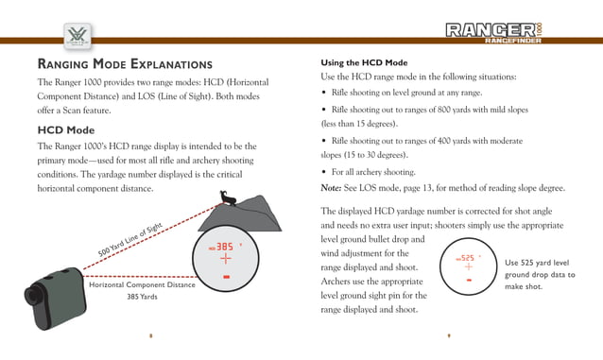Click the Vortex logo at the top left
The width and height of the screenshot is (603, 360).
(75, 37)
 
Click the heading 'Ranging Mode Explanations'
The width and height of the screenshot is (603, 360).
(124, 64)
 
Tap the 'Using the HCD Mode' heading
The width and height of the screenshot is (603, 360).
(364, 61)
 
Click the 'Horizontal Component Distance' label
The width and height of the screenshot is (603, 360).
(141, 284)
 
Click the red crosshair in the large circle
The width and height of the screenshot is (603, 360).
(226, 260)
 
